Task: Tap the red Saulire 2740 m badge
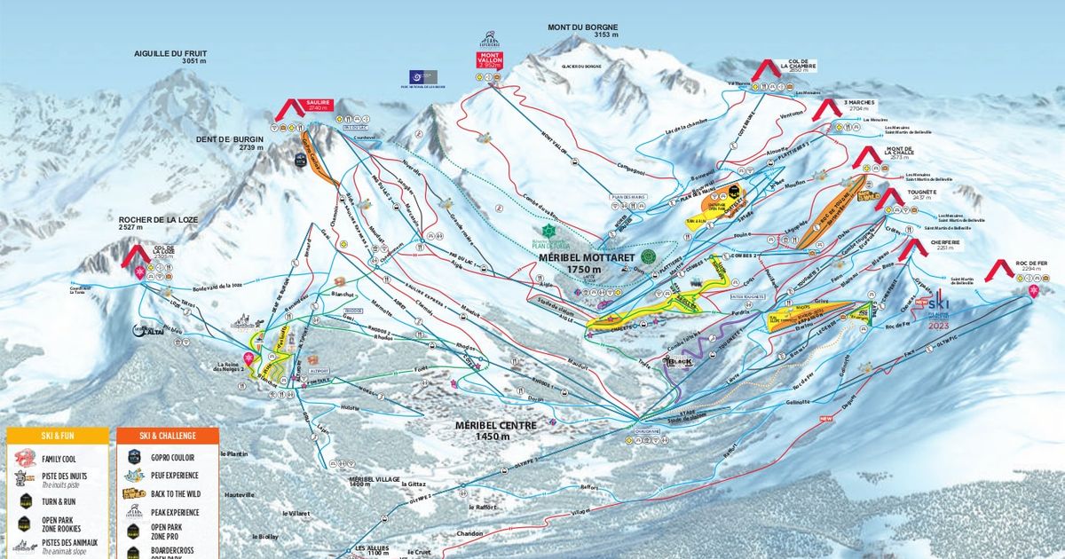(x=317, y=104)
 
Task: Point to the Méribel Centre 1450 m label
(x=495, y=429)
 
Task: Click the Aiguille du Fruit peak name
(x=170, y=57)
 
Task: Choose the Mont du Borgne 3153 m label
(x=582, y=31)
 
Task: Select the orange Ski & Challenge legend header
(x=166, y=436)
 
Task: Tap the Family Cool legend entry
(x=60, y=459)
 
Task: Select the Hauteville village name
(x=240, y=494)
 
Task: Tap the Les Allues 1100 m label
(x=372, y=550)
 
